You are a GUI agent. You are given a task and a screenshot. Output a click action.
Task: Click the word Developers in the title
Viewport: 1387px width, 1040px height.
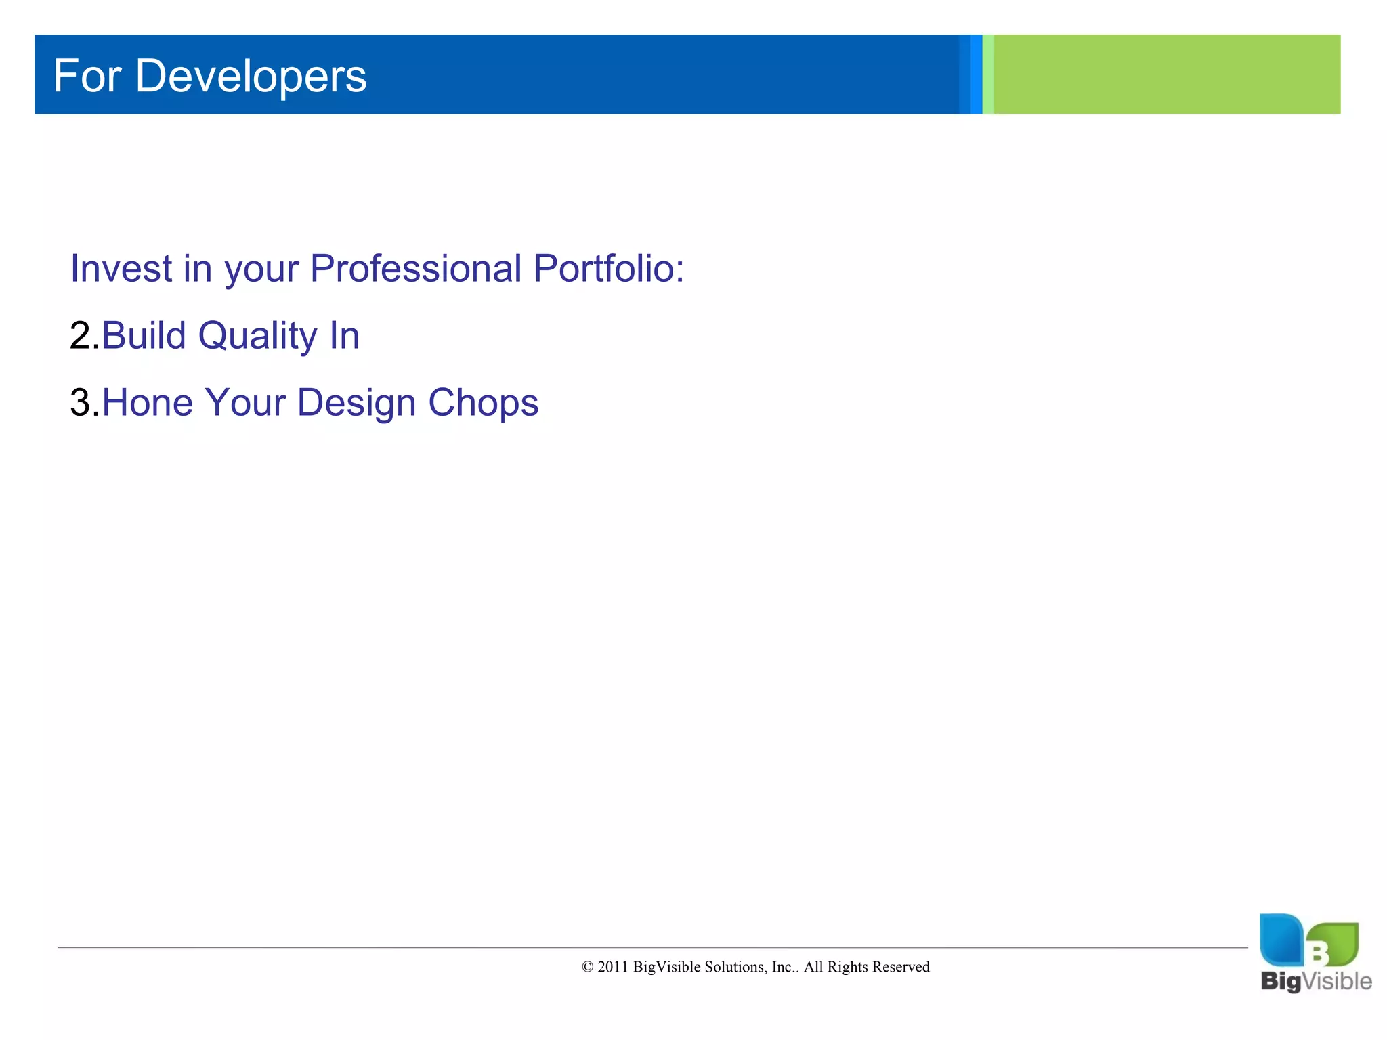click(x=251, y=77)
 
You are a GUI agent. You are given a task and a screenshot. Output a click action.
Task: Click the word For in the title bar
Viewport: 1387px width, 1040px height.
click(x=87, y=76)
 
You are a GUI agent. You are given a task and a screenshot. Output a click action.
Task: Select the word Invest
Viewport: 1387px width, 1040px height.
click(x=121, y=269)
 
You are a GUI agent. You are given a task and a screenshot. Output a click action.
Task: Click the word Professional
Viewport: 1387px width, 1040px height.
click(x=416, y=269)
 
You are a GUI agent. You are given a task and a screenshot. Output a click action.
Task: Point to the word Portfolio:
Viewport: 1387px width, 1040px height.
click(x=609, y=269)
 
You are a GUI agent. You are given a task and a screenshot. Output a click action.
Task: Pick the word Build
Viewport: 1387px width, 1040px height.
click(x=144, y=336)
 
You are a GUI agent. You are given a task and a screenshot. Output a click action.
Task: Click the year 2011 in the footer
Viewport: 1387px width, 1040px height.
click(x=612, y=967)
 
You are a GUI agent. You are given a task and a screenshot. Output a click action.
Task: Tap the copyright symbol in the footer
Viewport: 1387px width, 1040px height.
click(x=587, y=967)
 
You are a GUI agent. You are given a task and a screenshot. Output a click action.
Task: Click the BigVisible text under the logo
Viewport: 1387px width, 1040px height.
click(x=1316, y=981)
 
